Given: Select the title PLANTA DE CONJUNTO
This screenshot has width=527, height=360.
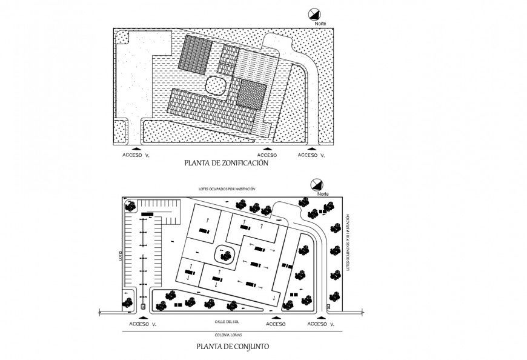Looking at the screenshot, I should click(229, 347).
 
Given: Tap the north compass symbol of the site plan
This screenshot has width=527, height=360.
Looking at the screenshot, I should click(315, 185).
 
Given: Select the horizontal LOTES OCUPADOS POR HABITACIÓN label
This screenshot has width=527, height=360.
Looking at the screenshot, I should click(227, 189).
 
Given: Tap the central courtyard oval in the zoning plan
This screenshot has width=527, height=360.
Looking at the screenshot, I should click(216, 85).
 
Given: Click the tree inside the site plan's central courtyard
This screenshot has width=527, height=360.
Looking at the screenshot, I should click(227, 255).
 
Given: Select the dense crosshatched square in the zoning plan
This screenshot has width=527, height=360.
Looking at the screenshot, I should click(251, 94).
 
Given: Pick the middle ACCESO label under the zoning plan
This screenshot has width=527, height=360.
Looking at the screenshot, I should click(267, 155).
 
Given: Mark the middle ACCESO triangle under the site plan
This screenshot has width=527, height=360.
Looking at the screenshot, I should click(276, 316).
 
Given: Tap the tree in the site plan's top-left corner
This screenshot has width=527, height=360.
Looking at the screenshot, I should click(129, 206).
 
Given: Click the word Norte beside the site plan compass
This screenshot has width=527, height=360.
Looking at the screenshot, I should click(322, 194).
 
